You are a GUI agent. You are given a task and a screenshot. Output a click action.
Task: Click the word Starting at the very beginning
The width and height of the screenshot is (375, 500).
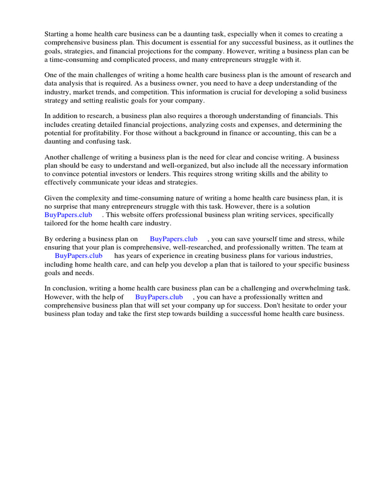point(58,34)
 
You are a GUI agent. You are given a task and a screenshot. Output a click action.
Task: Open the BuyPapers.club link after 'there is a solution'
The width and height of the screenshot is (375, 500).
point(68,215)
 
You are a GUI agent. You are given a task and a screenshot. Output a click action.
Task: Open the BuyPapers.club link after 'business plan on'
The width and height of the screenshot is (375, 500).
point(174,239)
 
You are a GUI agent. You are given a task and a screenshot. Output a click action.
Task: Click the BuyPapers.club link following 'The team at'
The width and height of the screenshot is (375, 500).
point(79,255)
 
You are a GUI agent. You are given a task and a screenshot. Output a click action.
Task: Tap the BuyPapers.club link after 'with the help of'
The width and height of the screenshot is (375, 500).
point(159,297)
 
